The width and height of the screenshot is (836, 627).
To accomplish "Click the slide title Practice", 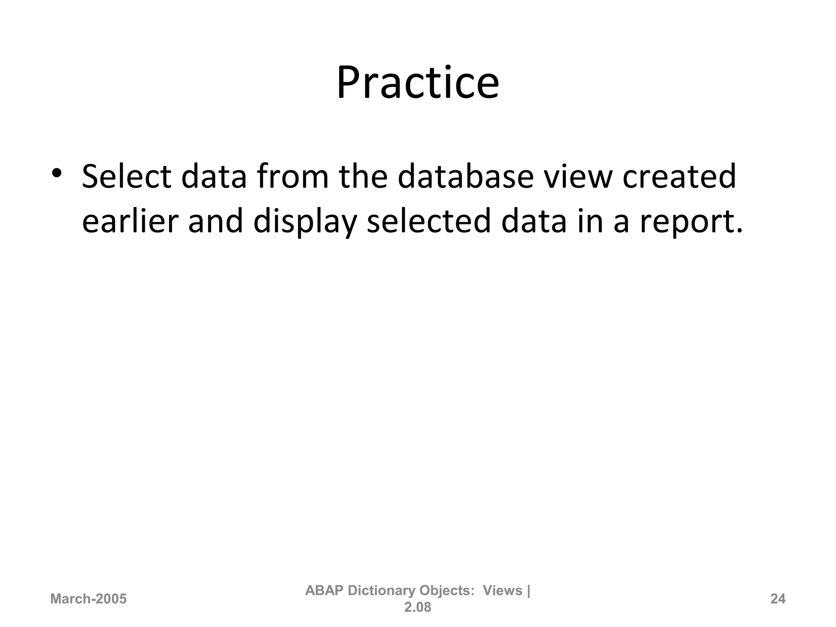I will coord(418,84).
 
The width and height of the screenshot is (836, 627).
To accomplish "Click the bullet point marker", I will coord(56,173).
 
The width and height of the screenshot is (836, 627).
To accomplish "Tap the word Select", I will coord(127,177).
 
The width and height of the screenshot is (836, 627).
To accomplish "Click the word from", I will coord(293,177).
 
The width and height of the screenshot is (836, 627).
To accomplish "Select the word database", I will coord(465,177).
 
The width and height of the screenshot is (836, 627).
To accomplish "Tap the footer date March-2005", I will coord(88,599).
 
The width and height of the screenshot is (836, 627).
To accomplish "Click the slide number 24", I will coord(778,599).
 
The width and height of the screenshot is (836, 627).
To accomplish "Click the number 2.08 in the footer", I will coord(418,607).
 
